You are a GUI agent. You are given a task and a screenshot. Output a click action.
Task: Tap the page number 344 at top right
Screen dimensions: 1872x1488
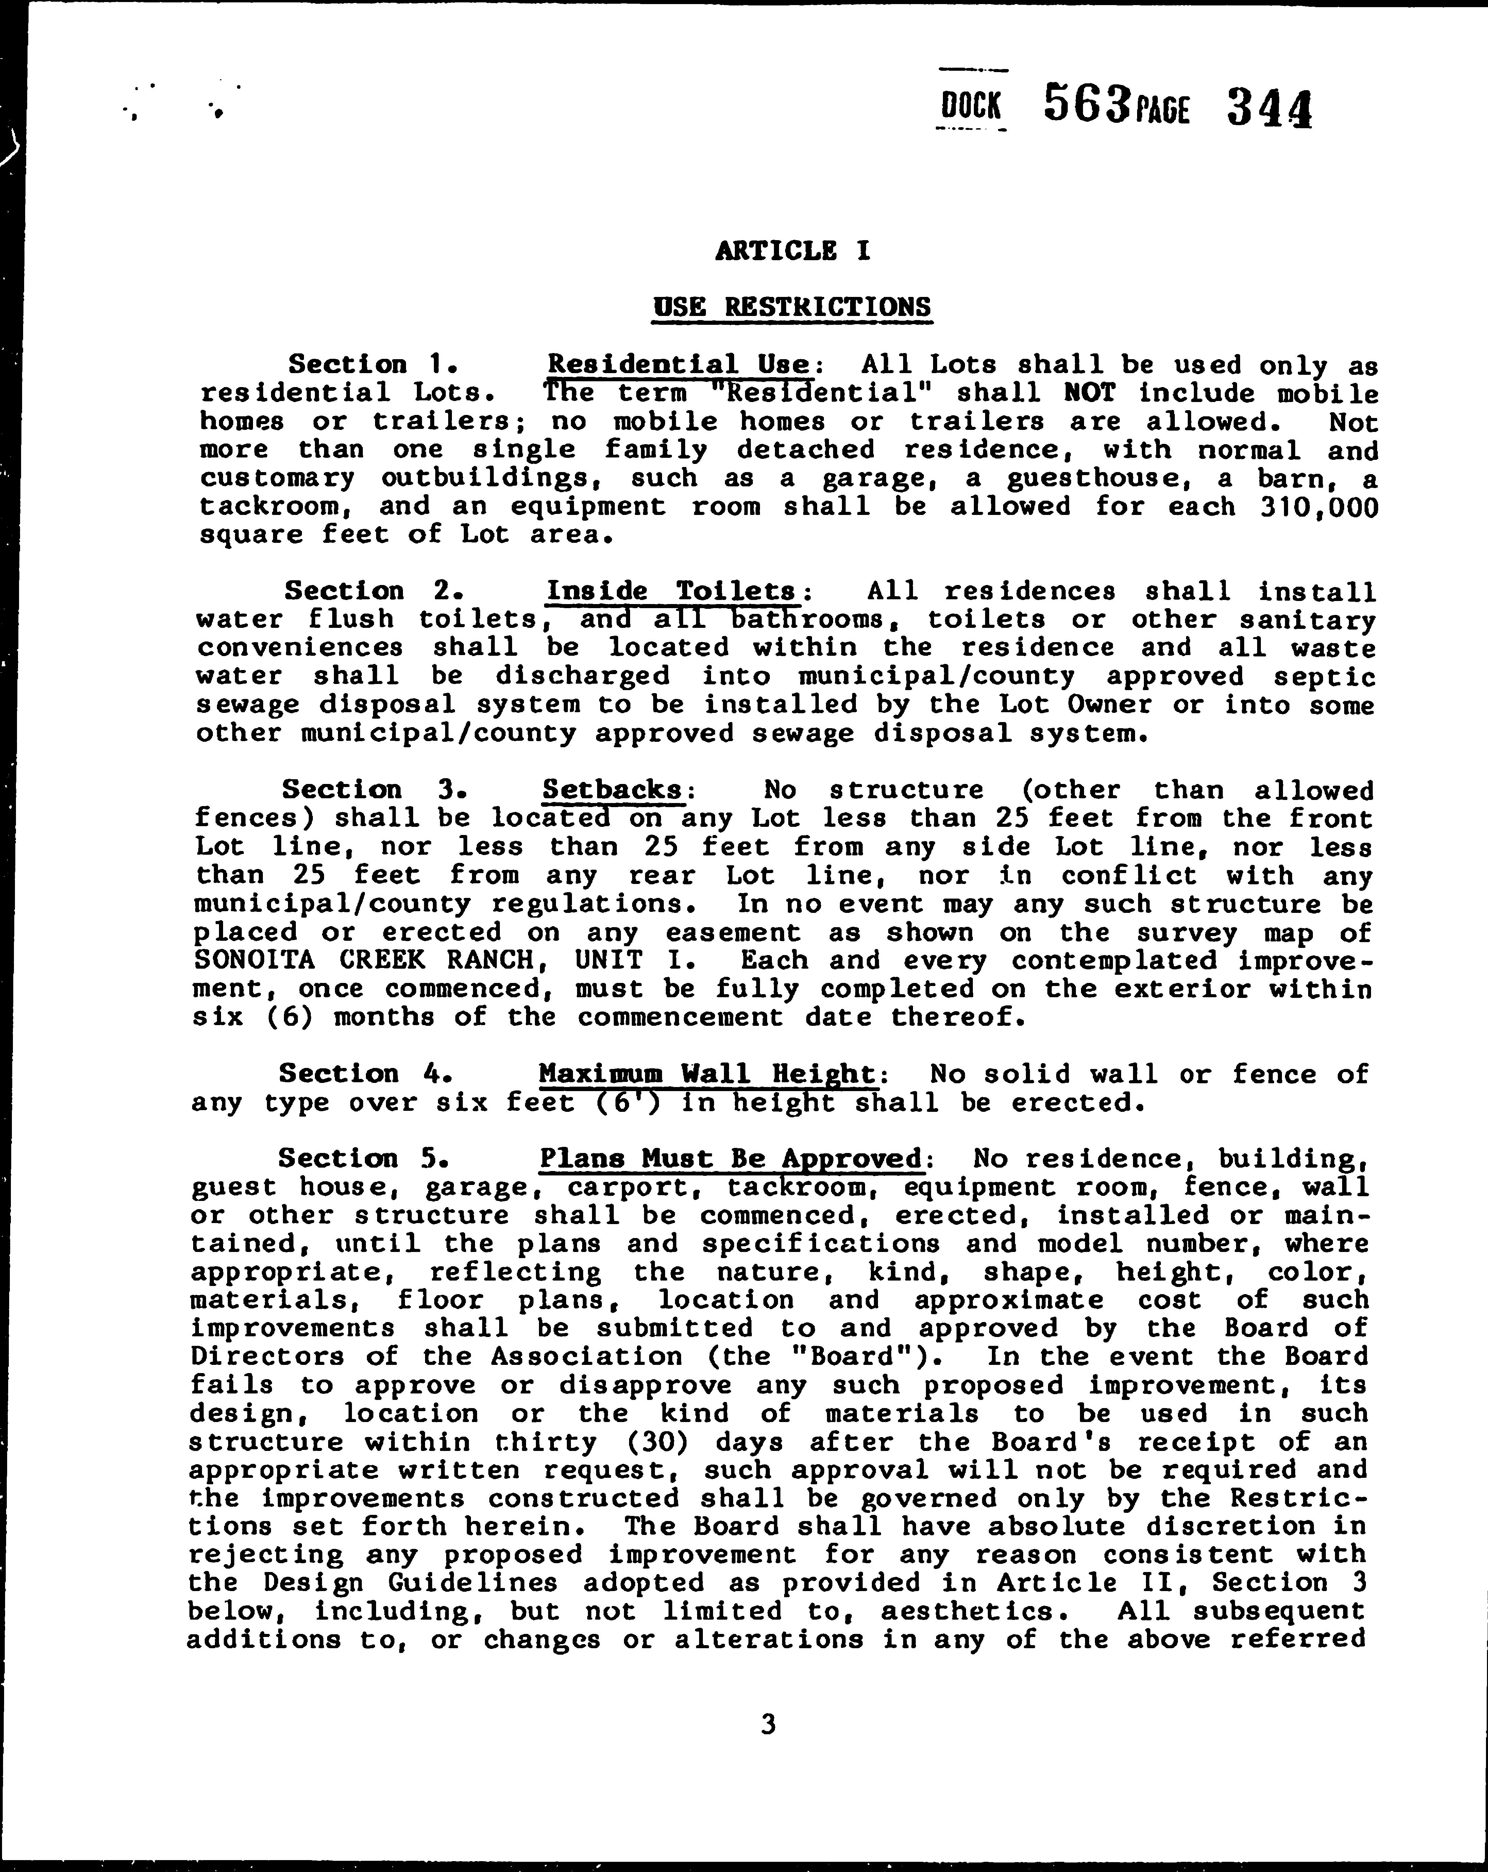point(1269,110)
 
